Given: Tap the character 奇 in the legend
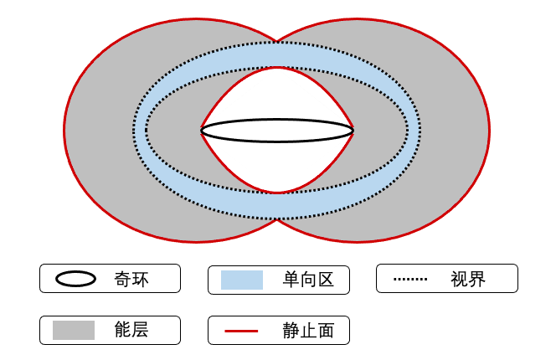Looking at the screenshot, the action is [x=122, y=279].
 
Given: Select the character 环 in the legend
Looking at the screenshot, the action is [x=140, y=279].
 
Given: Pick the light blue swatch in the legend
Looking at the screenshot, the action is [x=242, y=280].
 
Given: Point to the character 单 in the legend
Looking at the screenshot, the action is [x=291, y=280].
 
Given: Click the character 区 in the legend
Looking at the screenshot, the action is [x=326, y=280].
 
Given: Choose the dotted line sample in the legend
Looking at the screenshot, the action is [x=410, y=279].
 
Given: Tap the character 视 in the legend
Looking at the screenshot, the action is [x=459, y=279].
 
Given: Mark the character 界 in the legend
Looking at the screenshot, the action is [x=477, y=279].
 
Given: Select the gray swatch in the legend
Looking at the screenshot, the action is [x=74, y=330].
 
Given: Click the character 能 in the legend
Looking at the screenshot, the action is [x=122, y=330].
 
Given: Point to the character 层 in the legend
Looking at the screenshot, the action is [x=140, y=330].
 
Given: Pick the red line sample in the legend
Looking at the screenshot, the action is [x=241, y=332].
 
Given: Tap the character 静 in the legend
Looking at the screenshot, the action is [x=291, y=331].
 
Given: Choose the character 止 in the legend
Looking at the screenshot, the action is [x=308, y=331].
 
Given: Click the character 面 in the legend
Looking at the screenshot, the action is [x=326, y=331].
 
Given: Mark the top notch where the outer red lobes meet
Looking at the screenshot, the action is [x=277, y=41].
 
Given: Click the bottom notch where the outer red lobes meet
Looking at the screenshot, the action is [x=277, y=219].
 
